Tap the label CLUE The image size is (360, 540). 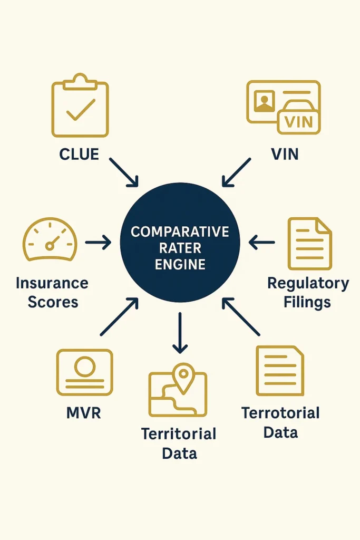(x=79, y=154)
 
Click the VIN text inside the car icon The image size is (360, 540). (x=298, y=122)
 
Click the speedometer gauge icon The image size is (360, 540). (x=50, y=240)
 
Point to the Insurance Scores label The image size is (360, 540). (x=52, y=292)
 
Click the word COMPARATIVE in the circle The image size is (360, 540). (x=180, y=232)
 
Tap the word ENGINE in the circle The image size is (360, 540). (x=180, y=265)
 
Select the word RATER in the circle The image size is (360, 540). (x=180, y=248)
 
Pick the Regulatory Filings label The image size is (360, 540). (x=308, y=292)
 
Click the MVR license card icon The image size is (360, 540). (x=84, y=372)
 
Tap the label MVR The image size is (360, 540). (x=84, y=412)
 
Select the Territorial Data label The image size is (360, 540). (x=179, y=443)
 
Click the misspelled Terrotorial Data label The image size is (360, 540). (x=280, y=422)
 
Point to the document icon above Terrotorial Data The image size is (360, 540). (x=280, y=370)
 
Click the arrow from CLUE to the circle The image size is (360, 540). (x=124, y=172)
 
